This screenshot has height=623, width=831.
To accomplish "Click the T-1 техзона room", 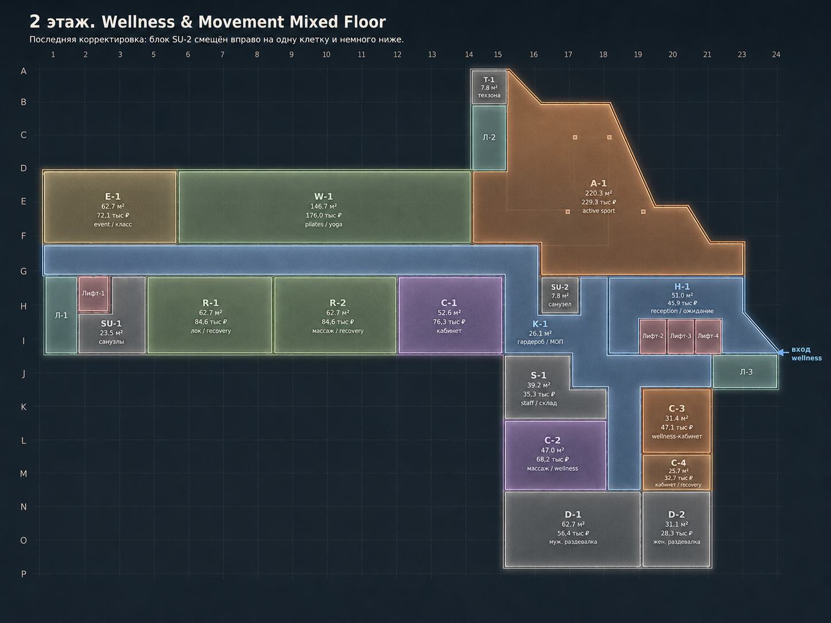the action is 489,87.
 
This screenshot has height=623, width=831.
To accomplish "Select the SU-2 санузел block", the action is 560,295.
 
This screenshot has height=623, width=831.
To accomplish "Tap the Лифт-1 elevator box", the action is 94,294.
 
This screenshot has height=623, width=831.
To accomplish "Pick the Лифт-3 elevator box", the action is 680,336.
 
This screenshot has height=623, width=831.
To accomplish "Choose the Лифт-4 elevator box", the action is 708,336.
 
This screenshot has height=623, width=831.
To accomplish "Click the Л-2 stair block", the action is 489,138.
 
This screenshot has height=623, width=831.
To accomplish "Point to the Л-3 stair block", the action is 745,372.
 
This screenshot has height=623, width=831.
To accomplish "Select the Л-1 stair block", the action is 61,316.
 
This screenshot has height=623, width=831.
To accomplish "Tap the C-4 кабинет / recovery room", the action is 677,473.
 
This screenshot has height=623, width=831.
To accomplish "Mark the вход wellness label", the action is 806,354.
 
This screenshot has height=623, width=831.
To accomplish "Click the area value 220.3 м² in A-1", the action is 599,193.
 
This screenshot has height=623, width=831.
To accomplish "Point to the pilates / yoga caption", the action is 324,224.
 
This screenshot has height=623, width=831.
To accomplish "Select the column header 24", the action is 776,54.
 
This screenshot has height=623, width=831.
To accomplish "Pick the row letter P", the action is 24,574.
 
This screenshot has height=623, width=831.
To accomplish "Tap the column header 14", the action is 469,54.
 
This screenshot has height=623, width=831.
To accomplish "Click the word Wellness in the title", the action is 138,22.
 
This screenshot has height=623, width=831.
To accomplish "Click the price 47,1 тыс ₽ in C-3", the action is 677,427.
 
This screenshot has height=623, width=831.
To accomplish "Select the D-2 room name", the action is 676,515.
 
